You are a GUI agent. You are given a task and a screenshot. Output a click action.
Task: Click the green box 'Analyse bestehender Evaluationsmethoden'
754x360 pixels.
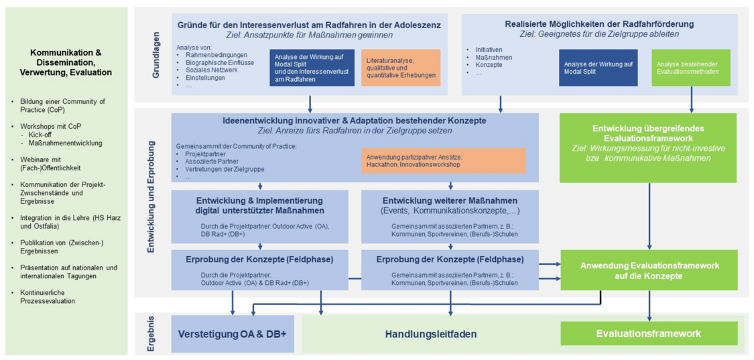click(690, 68)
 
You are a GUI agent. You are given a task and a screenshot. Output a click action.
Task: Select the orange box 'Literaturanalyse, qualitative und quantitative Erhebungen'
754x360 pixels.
click(401, 68)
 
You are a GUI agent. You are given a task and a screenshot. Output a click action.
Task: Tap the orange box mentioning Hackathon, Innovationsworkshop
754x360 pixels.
click(443, 160)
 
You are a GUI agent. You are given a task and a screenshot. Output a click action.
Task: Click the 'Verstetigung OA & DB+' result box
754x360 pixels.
click(233, 334)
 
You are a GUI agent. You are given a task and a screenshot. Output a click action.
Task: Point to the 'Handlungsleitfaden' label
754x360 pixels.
click(430, 334)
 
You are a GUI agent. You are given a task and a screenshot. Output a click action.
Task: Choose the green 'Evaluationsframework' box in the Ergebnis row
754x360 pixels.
click(648, 333)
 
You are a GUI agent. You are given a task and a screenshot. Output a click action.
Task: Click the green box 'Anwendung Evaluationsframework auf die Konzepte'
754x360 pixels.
click(649, 270)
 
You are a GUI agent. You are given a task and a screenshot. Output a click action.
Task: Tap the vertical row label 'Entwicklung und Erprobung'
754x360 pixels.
click(151, 196)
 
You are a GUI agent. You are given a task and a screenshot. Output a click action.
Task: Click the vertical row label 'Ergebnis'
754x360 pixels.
click(151, 333)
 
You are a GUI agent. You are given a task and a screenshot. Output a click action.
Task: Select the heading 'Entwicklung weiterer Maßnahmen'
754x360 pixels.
click(450, 200)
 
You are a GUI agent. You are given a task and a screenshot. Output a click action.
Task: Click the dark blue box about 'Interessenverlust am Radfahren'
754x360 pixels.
click(312, 68)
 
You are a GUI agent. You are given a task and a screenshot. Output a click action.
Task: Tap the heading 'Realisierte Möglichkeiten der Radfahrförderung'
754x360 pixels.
click(599, 24)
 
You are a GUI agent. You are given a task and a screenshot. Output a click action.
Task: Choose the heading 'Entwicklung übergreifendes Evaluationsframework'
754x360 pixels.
click(647, 133)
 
